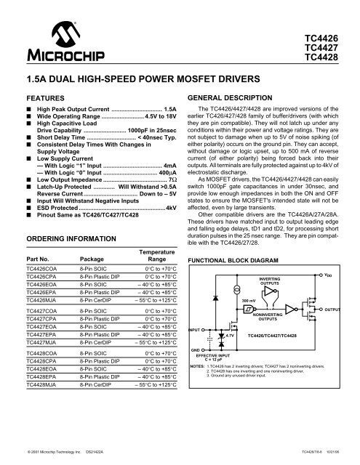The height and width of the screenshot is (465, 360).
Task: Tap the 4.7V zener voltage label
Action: point(231,336)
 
